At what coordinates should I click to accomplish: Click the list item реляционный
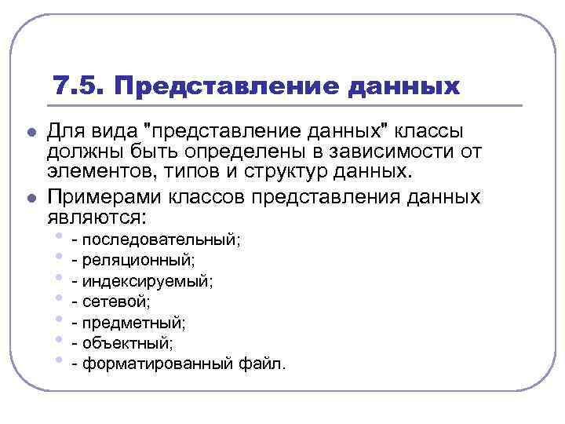coord(138,259)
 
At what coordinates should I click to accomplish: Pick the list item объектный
coord(127,342)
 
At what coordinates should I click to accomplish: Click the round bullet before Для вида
coord(30,131)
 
